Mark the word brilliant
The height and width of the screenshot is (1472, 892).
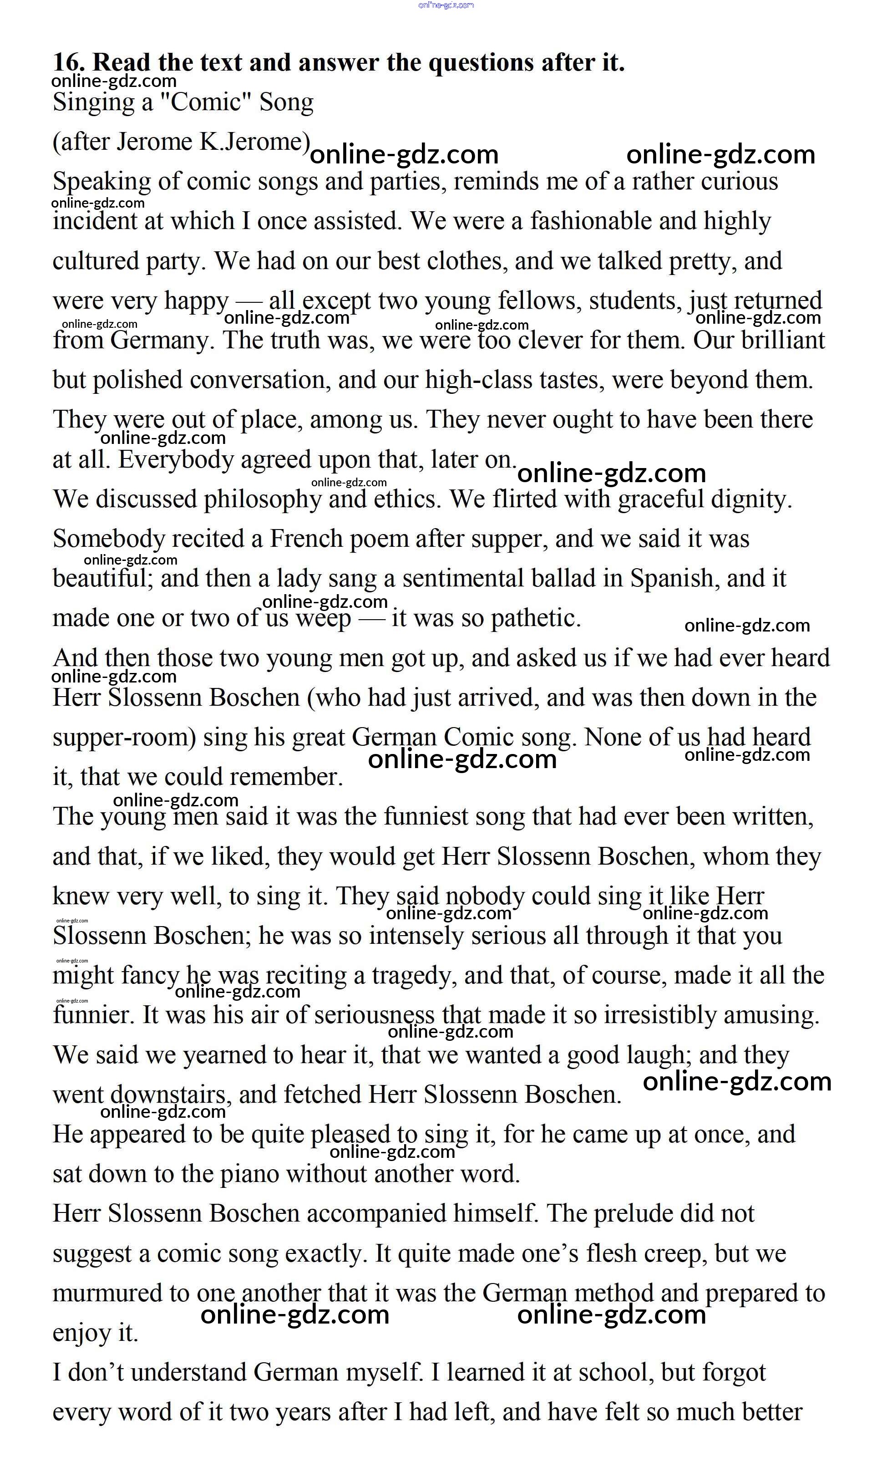click(782, 341)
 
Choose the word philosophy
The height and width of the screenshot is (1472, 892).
click(262, 500)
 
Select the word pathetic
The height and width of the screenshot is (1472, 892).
click(535, 618)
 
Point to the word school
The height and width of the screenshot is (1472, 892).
click(619, 1373)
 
